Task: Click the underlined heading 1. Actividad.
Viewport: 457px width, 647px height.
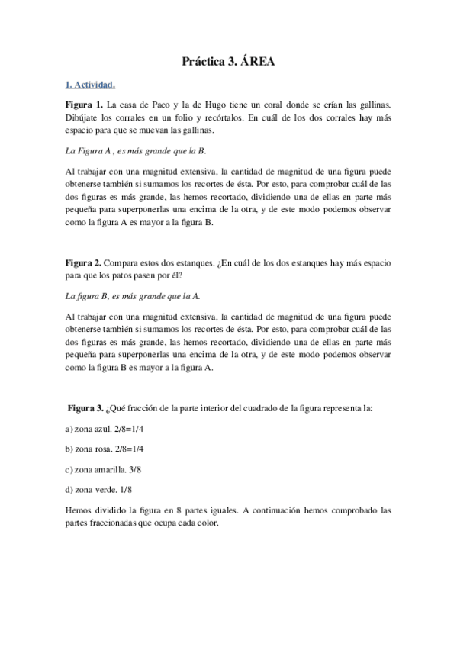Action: coord(90,85)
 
